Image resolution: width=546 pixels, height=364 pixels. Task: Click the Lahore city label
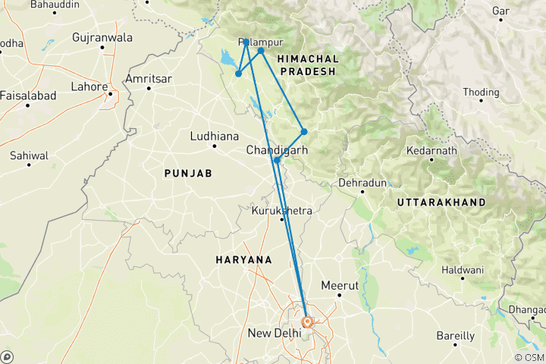[x=89, y=86]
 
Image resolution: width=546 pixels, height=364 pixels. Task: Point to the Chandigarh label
[x=277, y=150]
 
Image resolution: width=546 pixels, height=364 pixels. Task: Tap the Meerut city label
[x=339, y=285]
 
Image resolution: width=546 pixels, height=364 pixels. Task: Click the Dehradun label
[x=362, y=184]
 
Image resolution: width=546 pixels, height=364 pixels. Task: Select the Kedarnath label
[x=431, y=151]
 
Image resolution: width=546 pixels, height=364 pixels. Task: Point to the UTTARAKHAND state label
[x=441, y=202]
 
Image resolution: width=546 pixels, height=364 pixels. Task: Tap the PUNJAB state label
[x=187, y=174]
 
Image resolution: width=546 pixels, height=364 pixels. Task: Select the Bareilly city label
[x=456, y=335]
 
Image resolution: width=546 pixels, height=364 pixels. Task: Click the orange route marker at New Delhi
[x=307, y=322]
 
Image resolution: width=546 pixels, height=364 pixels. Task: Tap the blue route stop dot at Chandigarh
[x=277, y=160]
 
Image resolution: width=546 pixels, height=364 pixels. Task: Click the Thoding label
[x=482, y=93]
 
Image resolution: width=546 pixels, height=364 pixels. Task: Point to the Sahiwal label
[x=30, y=155]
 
